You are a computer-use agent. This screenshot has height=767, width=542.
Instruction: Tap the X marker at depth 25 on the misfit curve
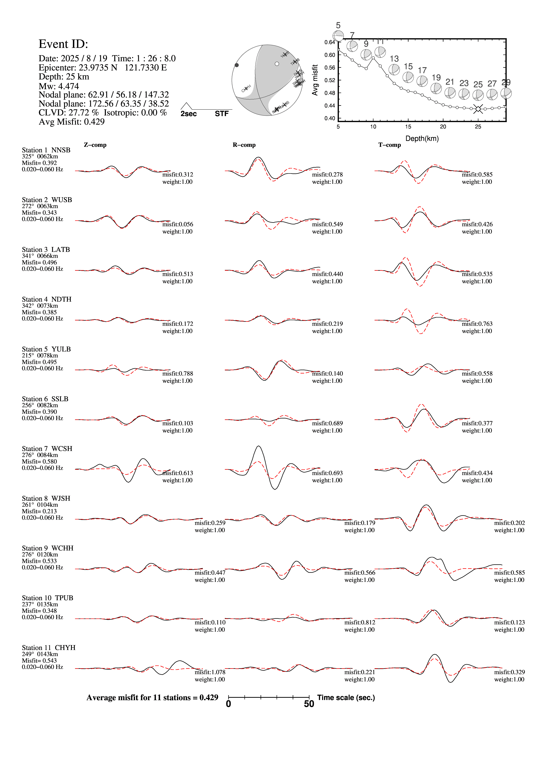[x=478, y=109]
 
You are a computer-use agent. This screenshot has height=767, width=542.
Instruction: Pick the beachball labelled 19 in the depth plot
[x=436, y=88]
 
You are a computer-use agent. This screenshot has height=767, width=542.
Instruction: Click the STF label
[x=222, y=114]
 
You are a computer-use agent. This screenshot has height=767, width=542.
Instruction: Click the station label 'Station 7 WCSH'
[x=47, y=449]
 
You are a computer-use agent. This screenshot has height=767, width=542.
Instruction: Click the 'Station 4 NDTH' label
[x=47, y=299]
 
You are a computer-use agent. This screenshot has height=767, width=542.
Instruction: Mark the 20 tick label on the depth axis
[x=443, y=127]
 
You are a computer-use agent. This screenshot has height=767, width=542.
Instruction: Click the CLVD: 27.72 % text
[x=69, y=113]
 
